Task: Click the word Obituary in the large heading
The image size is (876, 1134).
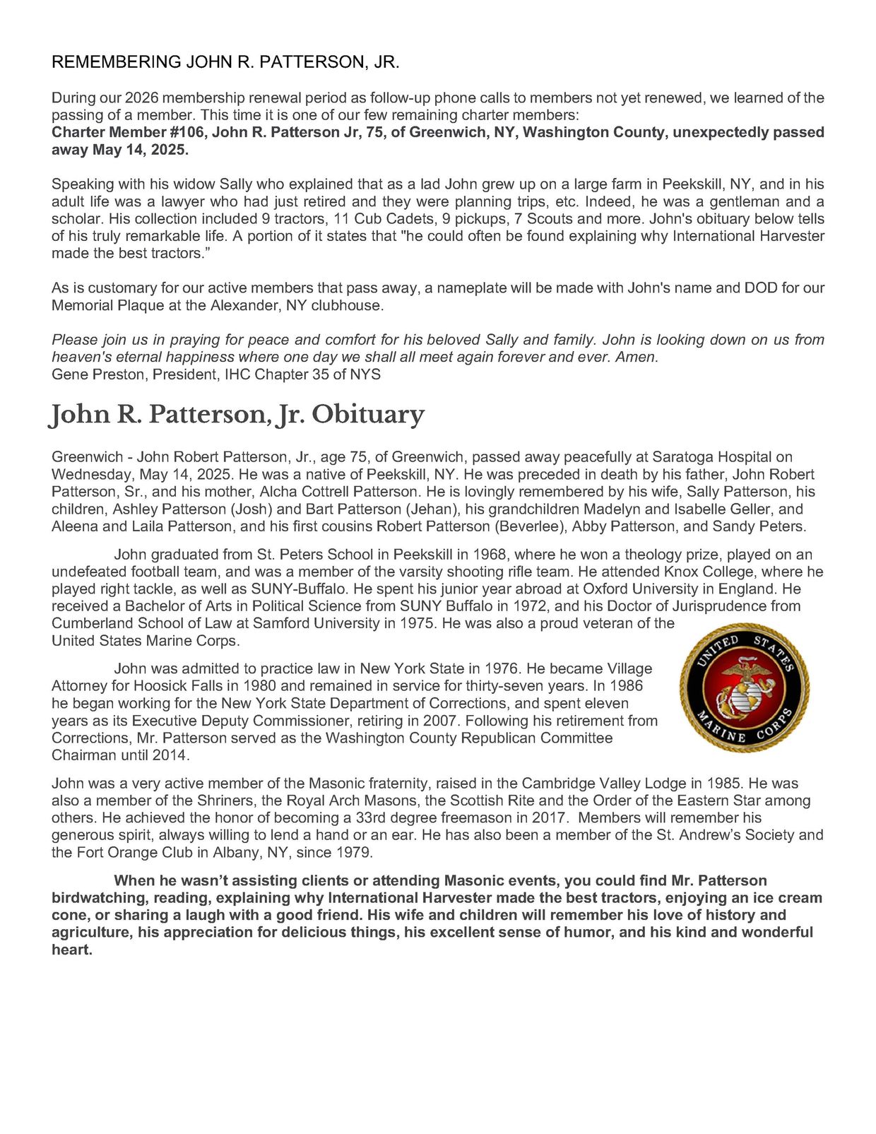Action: [368, 414]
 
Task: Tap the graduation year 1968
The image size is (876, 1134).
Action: [489, 555]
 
